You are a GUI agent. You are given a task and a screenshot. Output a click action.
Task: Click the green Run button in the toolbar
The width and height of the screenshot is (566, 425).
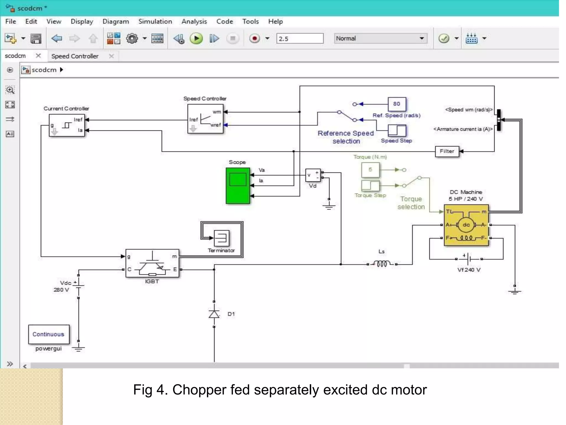(x=196, y=38)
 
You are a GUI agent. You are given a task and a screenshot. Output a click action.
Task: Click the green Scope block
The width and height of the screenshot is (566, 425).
(x=238, y=186)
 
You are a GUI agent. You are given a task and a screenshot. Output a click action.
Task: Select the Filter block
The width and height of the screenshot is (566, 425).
(x=447, y=151)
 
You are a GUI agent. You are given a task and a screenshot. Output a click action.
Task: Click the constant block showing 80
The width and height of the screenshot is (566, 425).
(x=397, y=104)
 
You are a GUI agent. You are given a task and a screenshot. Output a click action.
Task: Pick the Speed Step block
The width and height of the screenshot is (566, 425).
(x=397, y=130)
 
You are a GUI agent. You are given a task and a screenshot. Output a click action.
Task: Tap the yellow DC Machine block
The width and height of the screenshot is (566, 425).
(x=466, y=225)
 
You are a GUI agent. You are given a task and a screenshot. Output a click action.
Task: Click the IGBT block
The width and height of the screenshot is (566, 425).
(x=152, y=263)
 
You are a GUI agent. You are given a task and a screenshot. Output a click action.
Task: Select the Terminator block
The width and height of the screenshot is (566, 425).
(x=222, y=238)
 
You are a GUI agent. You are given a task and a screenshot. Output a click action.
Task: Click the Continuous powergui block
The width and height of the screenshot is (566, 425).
(x=49, y=334)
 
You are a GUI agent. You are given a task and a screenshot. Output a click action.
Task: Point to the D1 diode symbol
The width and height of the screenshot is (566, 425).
(x=214, y=314)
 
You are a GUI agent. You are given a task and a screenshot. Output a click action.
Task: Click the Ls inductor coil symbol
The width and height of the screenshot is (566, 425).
(x=382, y=264)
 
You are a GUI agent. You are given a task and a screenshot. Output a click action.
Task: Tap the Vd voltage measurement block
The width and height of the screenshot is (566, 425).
(x=313, y=175)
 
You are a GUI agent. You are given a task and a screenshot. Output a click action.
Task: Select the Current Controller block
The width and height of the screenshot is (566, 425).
(x=67, y=125)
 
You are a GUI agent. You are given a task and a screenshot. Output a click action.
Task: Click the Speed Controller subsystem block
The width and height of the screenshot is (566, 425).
(x=205, y=119)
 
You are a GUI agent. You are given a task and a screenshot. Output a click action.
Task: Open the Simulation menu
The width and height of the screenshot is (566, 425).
(x=155, y=22)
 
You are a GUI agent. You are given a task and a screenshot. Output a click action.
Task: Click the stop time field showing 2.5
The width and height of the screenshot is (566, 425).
(x=300, y=38)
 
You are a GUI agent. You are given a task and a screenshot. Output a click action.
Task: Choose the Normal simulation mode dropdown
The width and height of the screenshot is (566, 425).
(x=380, y=38)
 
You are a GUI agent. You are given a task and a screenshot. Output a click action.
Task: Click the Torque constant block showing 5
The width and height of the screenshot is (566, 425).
(x=370, y=170)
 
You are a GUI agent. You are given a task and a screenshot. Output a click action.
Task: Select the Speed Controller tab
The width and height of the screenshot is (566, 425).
(x=75, y=56)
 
